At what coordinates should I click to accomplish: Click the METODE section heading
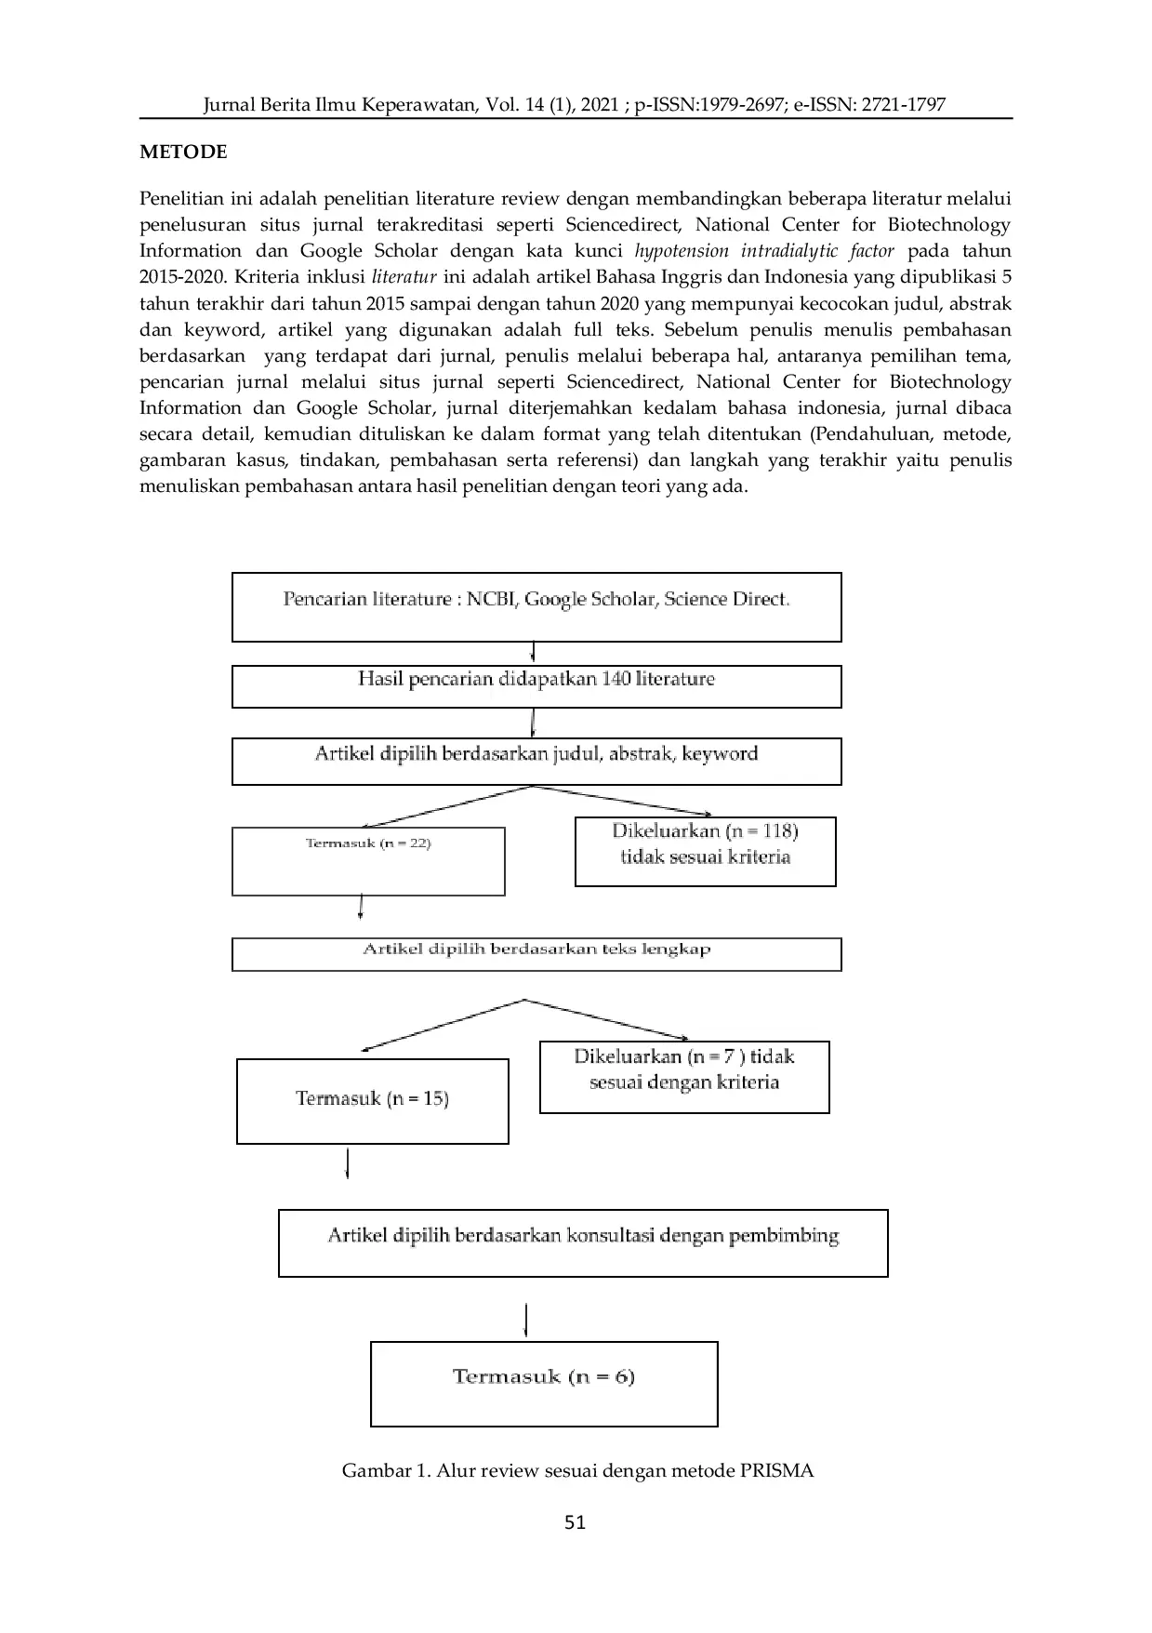[183, 153]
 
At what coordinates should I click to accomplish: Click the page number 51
[576, 1521]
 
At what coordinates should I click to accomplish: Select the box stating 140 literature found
[536, 686]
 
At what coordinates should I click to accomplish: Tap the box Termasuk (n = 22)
[368, 861]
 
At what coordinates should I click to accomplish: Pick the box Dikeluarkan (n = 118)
[705, 851]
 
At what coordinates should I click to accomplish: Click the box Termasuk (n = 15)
[372, 1100]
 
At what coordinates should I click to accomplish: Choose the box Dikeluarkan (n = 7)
[684, 1076]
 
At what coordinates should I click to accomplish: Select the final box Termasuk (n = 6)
[544, 1383]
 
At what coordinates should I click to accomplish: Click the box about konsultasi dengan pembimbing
[583, 1242]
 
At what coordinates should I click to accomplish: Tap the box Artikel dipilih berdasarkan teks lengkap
[536, 954]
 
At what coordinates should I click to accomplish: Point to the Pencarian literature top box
[536, 606]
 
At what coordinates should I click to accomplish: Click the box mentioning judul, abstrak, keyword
[536, 761]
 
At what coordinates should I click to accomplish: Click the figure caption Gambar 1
[577, 1470]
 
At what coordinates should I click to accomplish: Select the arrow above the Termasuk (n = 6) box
[527, 1321]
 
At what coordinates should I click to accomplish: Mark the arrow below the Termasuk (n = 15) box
[348, 1164]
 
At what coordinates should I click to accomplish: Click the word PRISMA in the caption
[776, 1470]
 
